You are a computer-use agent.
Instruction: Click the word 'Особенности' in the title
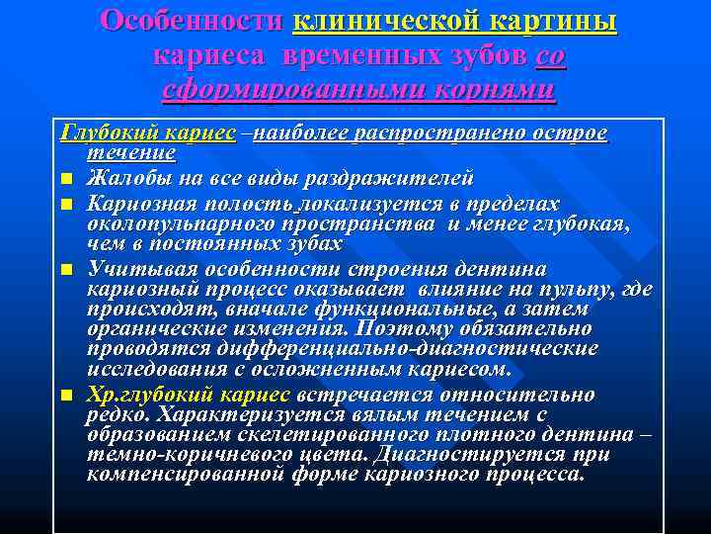pyautogui.click(x=192, y=22)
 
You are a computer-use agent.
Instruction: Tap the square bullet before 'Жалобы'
pyautogui.click(x=66, y=179)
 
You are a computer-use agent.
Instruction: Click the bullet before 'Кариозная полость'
pyautogui.click(x=66, y=205)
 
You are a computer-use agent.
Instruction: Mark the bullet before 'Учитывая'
pyautogui.click(x=66, y=270)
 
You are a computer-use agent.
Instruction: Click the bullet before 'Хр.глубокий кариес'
pyautogui.click(x=66, y=396)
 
